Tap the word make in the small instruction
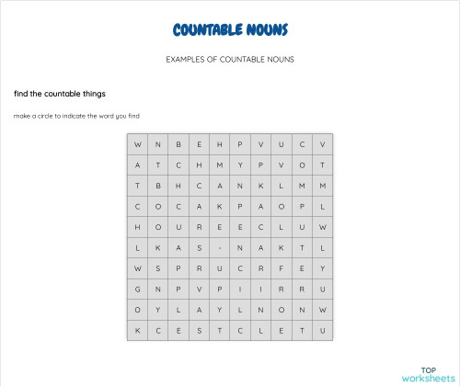(20, 116)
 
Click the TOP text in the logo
(428, 366)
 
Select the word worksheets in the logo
(428, 376)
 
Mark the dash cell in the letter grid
(219, 247)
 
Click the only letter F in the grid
(282, 268)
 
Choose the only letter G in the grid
(137, 289)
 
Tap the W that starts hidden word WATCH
(137, 144)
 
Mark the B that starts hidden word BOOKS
(158, 186)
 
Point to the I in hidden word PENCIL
(240, 289)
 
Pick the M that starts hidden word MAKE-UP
(219, 165)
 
